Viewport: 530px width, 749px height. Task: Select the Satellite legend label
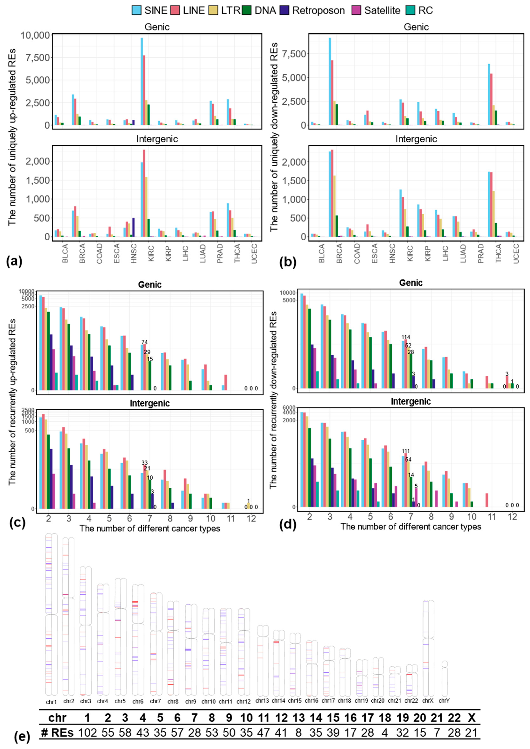click(x=382, y=10)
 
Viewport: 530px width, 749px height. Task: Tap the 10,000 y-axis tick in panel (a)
click(x=35, y=35)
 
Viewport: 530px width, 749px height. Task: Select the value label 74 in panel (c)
click(x=145, y=342)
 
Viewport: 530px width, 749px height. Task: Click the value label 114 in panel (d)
click(x=406, y=337)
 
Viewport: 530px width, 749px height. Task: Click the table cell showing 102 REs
click(x=88, y=733)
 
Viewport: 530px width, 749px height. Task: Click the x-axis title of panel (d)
click(x=411, y=526)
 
